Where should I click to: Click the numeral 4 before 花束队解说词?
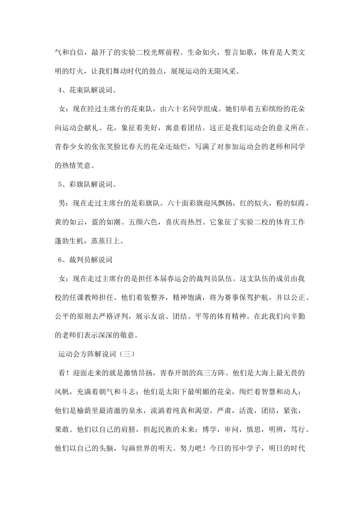coord(60,90)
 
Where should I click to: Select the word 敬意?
coord(130,335)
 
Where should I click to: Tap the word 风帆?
coord(62,392)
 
